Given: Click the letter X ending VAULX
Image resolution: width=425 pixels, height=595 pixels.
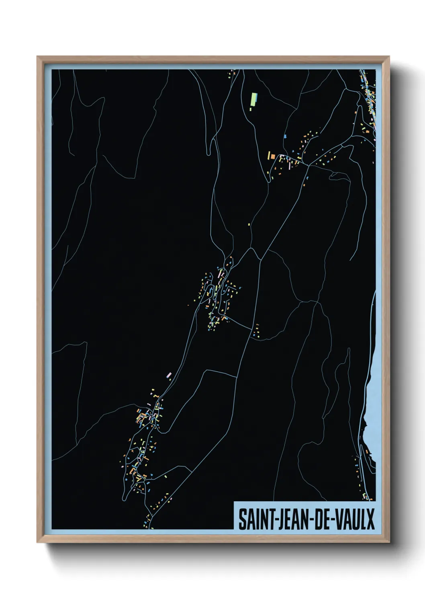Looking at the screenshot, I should click(x=370, y=519).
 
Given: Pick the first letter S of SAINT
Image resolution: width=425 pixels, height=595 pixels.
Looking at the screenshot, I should click(x=242, y=519).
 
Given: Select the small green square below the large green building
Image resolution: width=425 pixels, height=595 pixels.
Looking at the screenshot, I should click(x=251, y=109).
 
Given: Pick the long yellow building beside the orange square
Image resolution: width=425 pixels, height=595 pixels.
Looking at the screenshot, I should click(x=268, y=155).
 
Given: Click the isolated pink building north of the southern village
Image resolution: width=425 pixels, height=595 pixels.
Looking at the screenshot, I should click(x=169, y=375).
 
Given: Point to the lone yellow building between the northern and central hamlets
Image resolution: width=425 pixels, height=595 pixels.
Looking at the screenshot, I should click(x=249, y=224).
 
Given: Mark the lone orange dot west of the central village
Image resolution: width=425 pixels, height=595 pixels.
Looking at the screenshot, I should click(x=188, y=306).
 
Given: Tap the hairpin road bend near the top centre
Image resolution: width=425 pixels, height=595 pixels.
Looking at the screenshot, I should click(x=208, y=153).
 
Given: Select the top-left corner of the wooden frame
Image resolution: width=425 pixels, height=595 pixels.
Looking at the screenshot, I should click(x=38, y=57).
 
